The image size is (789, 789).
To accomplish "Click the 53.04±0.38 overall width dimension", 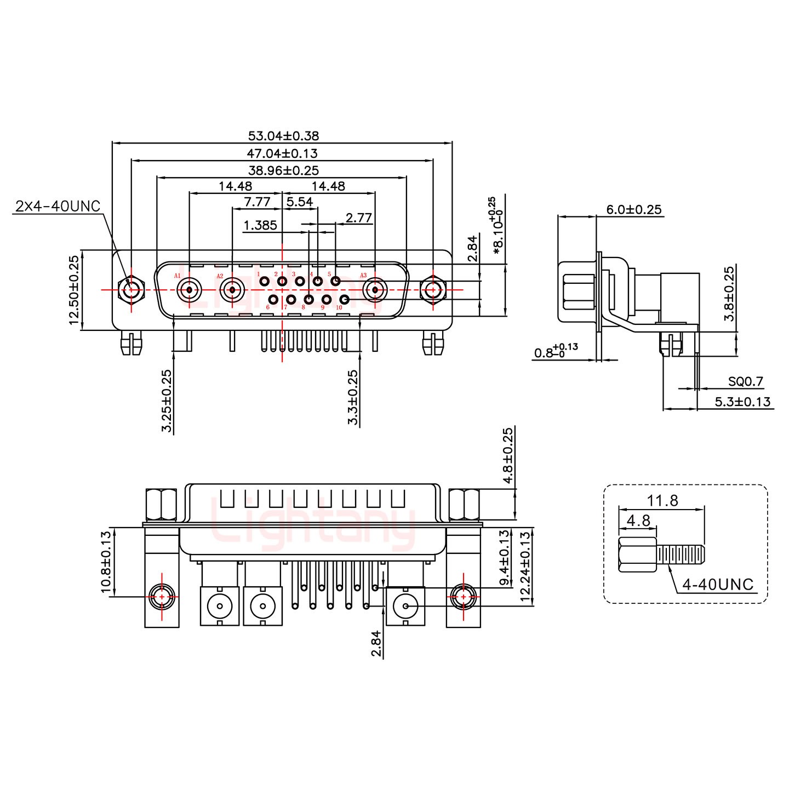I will click(283, 135).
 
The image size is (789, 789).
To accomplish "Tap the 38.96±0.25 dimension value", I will click(283, 170).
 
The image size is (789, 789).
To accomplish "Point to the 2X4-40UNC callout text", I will click(58, 207).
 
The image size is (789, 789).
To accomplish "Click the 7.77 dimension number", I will click(257, 202).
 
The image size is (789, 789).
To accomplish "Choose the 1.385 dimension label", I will click(260, 225).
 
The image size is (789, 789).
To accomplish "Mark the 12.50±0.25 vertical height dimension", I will click(75, 290).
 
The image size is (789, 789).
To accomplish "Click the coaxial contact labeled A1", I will click(189, 289).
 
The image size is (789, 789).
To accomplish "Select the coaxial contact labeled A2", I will click(232, 289).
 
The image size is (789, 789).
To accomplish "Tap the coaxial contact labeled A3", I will click(375, 289).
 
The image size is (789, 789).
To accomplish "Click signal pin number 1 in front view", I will click(265, 282).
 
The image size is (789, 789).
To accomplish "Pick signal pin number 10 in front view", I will click(345, 299).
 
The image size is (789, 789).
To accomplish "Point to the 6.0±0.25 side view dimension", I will click(633, 209).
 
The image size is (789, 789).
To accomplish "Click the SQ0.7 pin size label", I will click(745, 382).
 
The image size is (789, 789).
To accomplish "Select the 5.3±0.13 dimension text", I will click(742, 402).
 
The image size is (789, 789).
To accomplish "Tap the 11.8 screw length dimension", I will click(662, 500).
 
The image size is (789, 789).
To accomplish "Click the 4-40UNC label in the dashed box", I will click(718, 585).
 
